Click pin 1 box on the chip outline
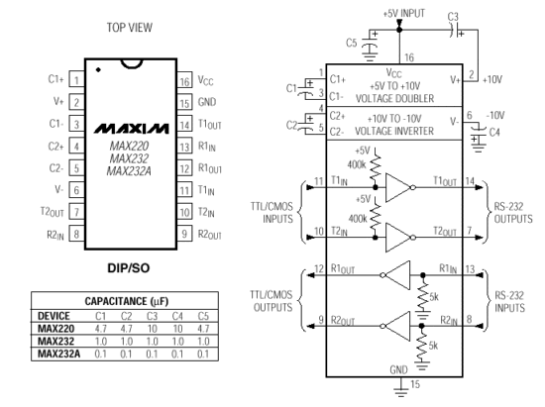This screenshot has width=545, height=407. tap(77, 79)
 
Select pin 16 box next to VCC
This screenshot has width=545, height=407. tap(184, 80)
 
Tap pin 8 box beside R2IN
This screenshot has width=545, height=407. tap(77, 234)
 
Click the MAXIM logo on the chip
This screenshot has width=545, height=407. tap(132, 129)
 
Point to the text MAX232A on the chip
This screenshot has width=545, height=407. tap(129, 171)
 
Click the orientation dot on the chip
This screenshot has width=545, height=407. tap(98, 69)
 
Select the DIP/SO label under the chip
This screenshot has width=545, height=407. tap(129, 267)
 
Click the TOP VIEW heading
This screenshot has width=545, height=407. tap(129, 28)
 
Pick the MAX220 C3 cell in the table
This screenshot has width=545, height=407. tap(152, 329)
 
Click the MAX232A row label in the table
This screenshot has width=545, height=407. tap(59, 354)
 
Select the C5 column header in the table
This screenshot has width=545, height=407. tap(203, 316)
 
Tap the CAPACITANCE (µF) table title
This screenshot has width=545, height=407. tap(127, 301)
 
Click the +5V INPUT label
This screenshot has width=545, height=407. tap(404, 14)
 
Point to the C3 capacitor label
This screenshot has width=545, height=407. tap(453, 16)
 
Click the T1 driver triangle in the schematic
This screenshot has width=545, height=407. tap(398, 188)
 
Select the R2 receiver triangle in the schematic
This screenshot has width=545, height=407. tap(397, 326)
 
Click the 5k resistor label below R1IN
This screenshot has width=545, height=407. tap(434, 297)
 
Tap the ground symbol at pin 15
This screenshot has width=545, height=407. tap(400, 391)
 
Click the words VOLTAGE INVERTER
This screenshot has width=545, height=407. tap(394, 131)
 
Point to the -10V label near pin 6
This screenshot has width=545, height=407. tap(495, 115)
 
